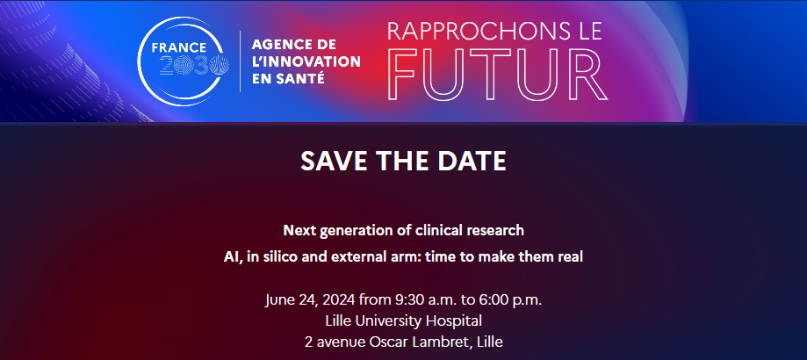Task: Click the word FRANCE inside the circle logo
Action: coord(178,47)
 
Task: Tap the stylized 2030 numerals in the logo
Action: coord(194,65)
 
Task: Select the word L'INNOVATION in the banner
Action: coord(306,61)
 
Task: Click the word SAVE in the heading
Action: coord(328,161)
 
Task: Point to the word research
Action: coord(495,230)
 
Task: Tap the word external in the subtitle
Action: coord(346,256)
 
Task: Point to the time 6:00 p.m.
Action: coord(516,300)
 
